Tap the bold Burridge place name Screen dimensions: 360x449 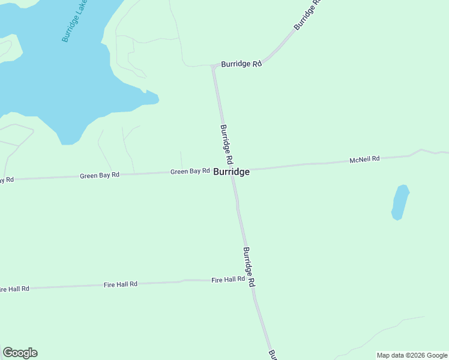tap(231, 172)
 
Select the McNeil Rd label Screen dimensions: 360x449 tap(365, 159)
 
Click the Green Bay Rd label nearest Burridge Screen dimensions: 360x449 tap(190, 171)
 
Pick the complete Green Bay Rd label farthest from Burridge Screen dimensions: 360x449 tap(100, 175)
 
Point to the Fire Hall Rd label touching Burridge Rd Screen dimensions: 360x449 tap(228, 280)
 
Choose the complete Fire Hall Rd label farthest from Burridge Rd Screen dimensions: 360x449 tap(121, 284)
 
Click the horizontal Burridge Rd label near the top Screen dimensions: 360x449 tap(241, 64)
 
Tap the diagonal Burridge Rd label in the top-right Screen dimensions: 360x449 tap(307, 16)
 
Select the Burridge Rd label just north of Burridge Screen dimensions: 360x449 tap(226, 145)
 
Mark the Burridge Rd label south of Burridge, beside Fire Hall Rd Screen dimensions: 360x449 tap(250, 266)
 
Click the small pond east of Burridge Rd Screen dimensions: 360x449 tap(400, 202)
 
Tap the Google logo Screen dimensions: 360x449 tap(20, 353)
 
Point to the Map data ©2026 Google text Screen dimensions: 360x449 tap(412, 355)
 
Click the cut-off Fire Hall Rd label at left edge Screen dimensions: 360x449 tap(14, 289)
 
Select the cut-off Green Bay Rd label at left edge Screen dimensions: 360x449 tap(7, 179)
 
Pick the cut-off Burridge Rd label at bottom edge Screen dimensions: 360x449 tap(273, 355)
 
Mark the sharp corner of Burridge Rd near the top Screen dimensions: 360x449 tap(213, 68)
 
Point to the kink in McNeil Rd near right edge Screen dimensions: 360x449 tap(421, 150)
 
